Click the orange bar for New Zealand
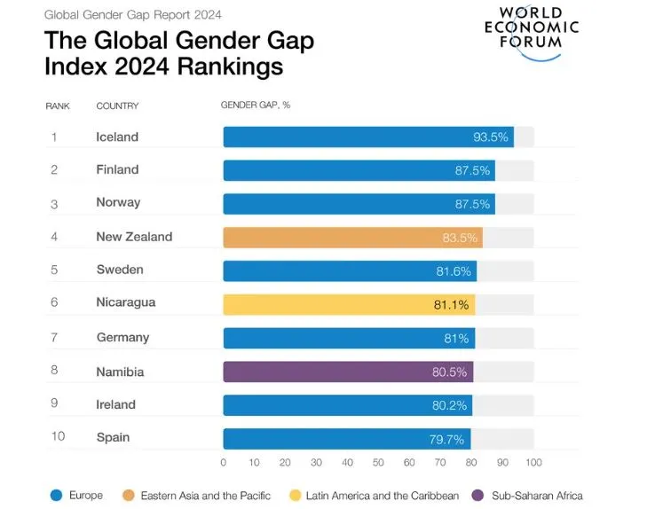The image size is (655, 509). [x=352, y=237]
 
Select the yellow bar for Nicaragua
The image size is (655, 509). [x=349, y=303]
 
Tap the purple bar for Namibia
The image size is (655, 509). [x=348, y=372]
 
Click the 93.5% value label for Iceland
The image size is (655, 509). [x=491, y=137]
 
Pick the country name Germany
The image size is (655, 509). [x=122, y=337]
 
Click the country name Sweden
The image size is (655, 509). [x=120, y=270]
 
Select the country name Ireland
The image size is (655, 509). [x=115, y=404]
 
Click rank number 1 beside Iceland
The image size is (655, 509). [x=53, y=137]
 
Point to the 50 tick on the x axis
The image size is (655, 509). [x=378, y=463]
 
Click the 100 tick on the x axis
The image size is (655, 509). [x=533, y=463]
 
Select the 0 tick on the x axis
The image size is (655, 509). [x=224, y=463]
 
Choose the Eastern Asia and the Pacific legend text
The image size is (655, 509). [x=205, y=495]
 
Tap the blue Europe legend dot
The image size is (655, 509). [x=56, y=495]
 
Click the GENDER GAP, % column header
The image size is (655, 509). [x=256, y=106]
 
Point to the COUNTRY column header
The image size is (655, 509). [x=118, y=106]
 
